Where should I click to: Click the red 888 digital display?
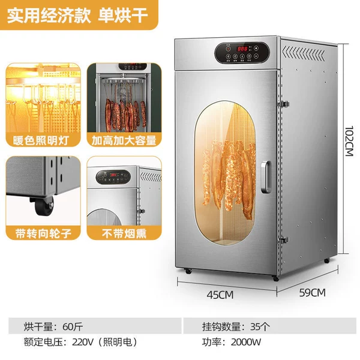point(242,49)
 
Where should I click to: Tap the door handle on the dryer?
point(266,177)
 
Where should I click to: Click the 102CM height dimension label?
point(349,141)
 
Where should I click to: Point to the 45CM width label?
point(220,295)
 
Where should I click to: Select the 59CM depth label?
point(312,293)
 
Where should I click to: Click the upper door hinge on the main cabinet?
point(284,104)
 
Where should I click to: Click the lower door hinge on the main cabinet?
point(283,240)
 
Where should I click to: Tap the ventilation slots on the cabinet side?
point(304,53)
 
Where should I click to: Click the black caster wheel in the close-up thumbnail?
point(43,206)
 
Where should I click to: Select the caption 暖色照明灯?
point(41,140)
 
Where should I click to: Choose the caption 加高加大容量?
point(124,140)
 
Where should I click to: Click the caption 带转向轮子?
point(43,233)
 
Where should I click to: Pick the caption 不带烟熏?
point(124,234)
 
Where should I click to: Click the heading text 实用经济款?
point(49,16)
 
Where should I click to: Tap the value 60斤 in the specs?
point(73,326)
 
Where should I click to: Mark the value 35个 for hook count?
point(260,326)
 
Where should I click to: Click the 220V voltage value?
point(83,342)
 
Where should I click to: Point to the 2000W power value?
point(246,342)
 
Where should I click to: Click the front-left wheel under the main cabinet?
point(188,271)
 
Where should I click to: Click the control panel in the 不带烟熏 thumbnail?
point(113,177)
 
